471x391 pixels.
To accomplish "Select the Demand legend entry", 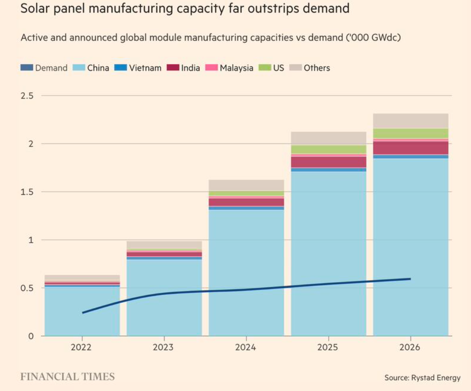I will [44, 68].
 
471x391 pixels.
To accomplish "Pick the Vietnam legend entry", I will [139, 68].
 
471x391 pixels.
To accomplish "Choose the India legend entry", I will [184, 68].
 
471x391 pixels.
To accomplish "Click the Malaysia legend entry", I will [230, 68].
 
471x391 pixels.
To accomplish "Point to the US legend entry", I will [272, 68].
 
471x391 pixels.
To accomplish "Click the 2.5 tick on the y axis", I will [27, 95].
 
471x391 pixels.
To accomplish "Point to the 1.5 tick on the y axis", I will [27, 192].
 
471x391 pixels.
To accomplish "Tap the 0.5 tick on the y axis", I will [27, 288].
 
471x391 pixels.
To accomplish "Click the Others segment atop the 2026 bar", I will [410, 121].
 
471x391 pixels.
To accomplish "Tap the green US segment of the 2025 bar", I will [328, 149].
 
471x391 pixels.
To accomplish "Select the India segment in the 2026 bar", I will [410, 148].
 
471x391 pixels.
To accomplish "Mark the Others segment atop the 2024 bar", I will [246, 185].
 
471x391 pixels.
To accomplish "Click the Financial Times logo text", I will [68, 377].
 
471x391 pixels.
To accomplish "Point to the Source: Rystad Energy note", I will [422, 378].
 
